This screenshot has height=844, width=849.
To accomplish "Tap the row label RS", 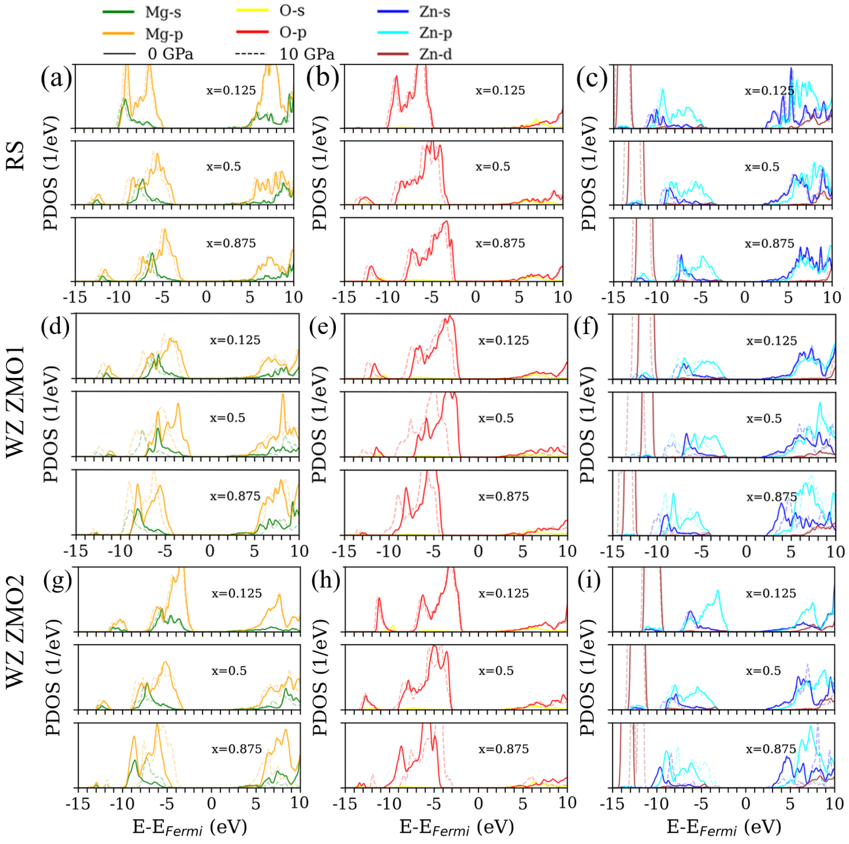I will click(16, 156).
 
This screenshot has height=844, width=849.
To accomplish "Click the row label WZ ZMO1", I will click(16, 402).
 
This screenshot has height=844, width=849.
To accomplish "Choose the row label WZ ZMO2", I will click(16, 633).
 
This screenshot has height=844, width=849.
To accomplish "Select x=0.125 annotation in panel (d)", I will click(235, 340).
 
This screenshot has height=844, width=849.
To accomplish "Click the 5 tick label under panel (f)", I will click(791, 551).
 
